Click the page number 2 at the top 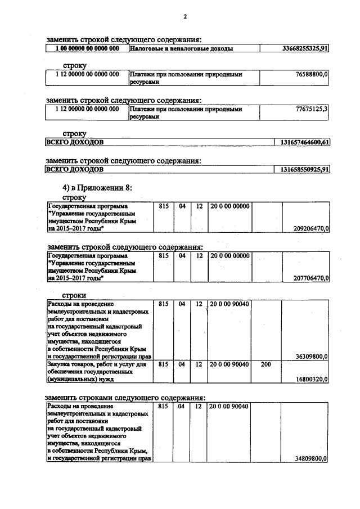(184, 16)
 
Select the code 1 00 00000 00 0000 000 (87, 49)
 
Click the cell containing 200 (266, 364)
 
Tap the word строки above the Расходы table (74, 295)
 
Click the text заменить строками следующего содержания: (124, 398)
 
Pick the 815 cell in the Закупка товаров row (164, 364)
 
